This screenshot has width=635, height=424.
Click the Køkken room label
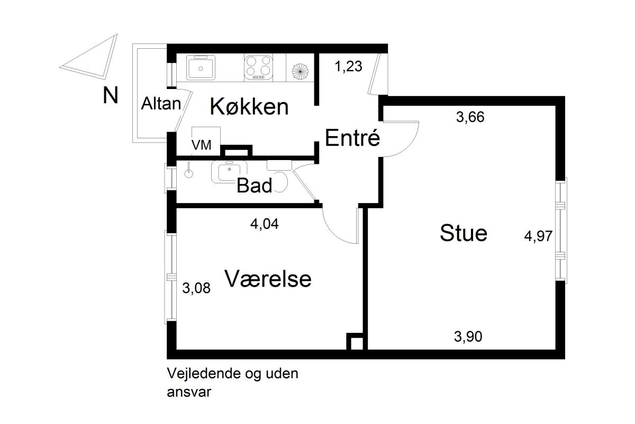click(x=249, y=107)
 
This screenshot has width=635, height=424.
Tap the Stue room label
click(x=464, y=233)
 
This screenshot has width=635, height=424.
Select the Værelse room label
click(x=268, y=279)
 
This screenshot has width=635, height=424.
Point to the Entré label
click(x=353, y=138)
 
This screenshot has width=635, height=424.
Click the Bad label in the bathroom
click(x=255, y=185)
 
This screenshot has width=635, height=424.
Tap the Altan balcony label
click(x=161, y=104)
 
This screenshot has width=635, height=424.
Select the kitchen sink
click(x=201, y=67)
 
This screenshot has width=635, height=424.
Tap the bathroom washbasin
click(x=229, y=171)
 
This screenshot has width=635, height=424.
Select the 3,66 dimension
click(x=470, y=117)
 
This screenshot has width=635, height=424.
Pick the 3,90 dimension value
click(x=468, y=336)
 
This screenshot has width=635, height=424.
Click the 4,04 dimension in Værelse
click(x=264, y=224)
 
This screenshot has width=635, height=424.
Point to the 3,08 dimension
click(x=196, y=289)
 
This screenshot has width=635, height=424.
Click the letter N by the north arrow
click(x=110, y=96)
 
